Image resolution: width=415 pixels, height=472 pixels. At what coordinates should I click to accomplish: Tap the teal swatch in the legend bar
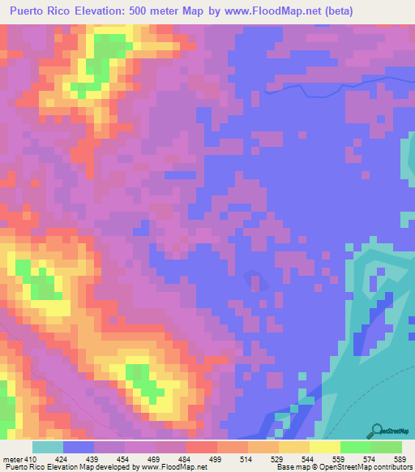tap(48, 446)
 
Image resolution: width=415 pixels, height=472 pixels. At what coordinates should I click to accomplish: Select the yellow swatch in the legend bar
tap(294, 446)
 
